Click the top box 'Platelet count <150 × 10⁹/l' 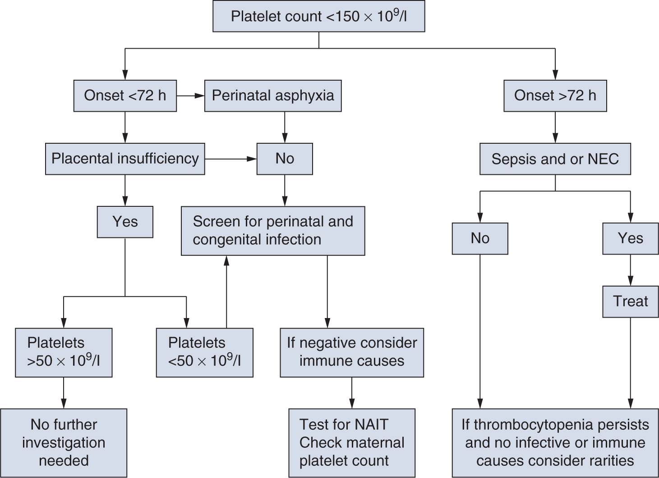(x=318, y=17)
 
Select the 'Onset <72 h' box (x=125, y=96)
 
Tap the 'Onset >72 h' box (x=555, y=96)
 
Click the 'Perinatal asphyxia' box (x=273, y=96)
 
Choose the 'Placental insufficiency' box (x=125, y=159)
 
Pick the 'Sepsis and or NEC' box (x=555, y=159)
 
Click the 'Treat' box (x=630, y=301)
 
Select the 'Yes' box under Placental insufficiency (x=125, y=222)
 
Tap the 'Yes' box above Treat (x=630, y=238)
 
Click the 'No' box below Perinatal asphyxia (x=285, y=159)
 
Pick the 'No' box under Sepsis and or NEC (x=480, y=238)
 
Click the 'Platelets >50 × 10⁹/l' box (x=64, y=352)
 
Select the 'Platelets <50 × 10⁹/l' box (x=204, y=352)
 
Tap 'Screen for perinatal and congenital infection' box (x=273, y=231)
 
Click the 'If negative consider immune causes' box (x=352, y=352)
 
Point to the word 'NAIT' (x=371, y=424)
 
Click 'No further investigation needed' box (x=64, y=443)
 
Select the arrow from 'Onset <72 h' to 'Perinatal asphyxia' (x=190, y=96)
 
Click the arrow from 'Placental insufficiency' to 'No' (x=230, y=159)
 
